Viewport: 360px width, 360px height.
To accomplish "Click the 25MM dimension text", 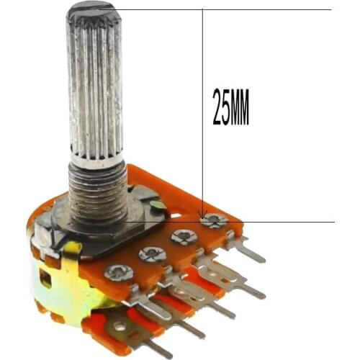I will click(230, 107).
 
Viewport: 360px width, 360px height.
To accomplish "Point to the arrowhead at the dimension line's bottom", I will click(202, 212).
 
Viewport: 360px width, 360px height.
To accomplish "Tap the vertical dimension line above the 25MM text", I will click(202, 50).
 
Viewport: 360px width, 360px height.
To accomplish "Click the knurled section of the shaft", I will click(94, 86).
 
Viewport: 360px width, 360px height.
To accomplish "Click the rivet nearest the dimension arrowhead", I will click(214, 221).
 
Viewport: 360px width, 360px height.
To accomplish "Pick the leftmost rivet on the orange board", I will click(118, 272).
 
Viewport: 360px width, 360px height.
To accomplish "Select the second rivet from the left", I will click(152, 253).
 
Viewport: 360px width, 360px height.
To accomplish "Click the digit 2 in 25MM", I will click(217, 107).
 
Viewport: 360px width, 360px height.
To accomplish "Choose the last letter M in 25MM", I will click(244, 107).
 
